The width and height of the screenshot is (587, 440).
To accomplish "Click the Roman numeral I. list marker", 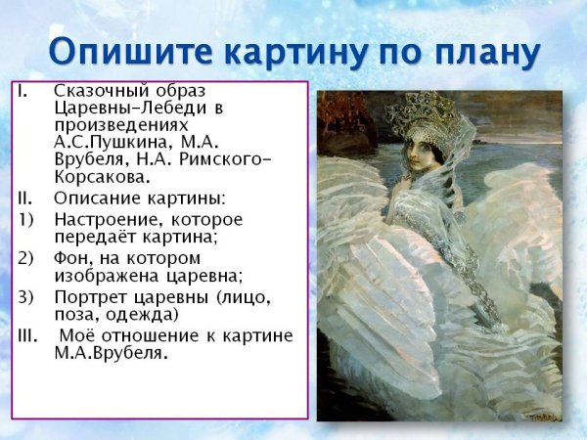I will [x=23, y=91].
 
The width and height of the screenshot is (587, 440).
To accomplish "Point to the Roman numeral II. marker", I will [x=25, y=198].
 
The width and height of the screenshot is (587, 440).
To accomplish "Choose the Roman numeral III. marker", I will [x=28, y=335].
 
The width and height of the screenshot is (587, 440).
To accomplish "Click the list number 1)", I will [x=26, y=218].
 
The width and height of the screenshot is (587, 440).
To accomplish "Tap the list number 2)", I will [x=26, y=257].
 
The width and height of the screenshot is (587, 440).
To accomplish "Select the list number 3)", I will [x=26, y=296].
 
